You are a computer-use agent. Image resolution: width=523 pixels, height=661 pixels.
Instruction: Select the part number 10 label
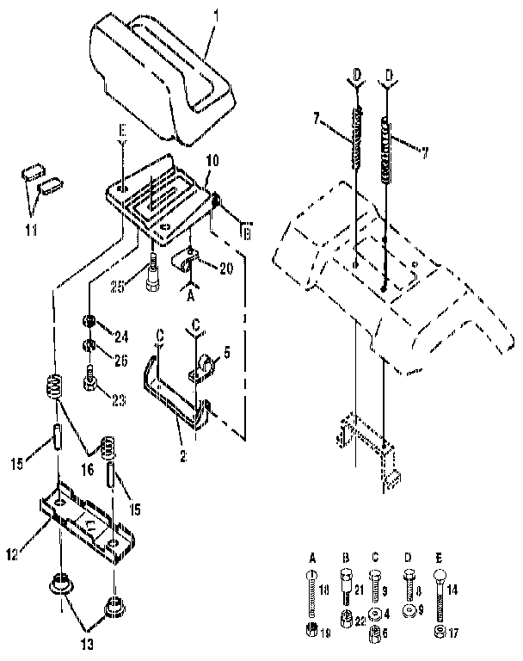click(212, 160)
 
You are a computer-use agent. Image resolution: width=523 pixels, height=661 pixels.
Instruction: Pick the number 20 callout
click(226, 269)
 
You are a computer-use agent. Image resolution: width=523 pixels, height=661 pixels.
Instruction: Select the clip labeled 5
click(208, 361)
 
